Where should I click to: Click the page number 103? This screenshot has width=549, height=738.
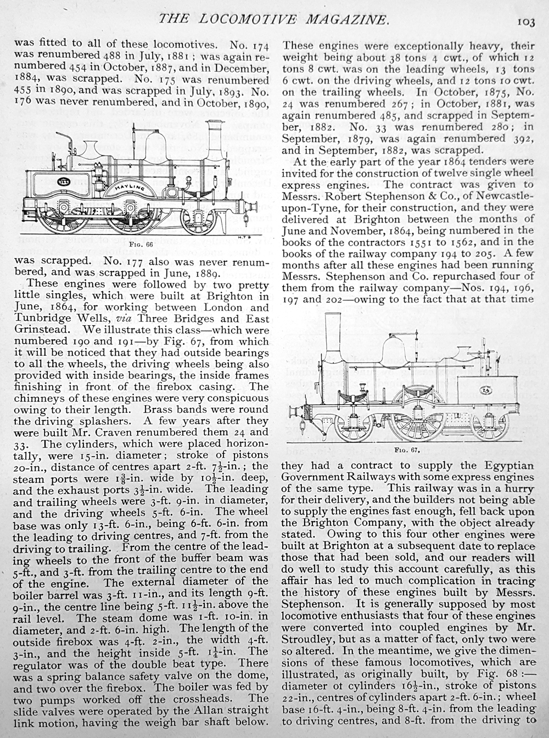click(x=525, y=21)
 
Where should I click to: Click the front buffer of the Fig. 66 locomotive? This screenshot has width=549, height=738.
click(x=253, y=207)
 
